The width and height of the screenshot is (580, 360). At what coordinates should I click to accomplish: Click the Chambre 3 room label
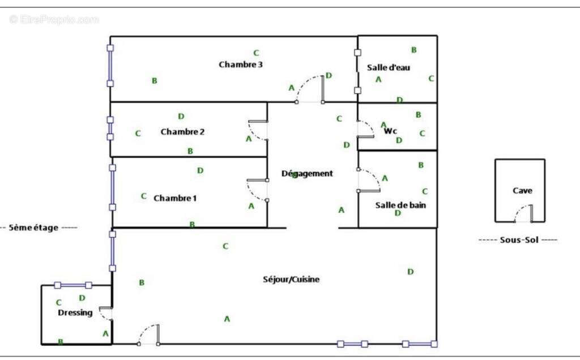[x=240, y=65]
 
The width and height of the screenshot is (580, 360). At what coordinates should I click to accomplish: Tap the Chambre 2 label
[x=182, y=132]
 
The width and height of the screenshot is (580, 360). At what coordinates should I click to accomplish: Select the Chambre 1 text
[x=175, y=198]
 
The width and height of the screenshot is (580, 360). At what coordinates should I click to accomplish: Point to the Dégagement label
[x=307, y=173]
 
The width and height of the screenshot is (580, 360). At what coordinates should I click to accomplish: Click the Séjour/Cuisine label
[x=291, y=279]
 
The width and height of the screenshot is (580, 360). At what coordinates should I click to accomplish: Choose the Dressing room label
[x=75, y=312]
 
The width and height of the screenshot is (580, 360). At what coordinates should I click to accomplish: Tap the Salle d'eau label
[x=388, y=67]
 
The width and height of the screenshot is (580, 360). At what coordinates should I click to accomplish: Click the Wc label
[x=391, y=131]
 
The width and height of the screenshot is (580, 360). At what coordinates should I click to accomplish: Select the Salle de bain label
[x=400, y=205]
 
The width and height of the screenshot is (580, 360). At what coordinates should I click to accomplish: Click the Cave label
[x=522, y=191]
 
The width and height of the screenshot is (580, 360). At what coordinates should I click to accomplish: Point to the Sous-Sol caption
[x=518, y=240]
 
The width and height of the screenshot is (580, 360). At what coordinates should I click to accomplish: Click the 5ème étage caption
[x=39, y=228]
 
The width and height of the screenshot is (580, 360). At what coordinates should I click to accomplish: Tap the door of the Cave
[x=524, y=214]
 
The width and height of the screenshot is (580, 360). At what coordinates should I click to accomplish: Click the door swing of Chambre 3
[x=310, y=89]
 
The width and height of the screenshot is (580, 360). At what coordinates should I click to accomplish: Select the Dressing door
[x=105, y=313]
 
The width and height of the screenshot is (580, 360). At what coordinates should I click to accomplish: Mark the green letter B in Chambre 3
[x=154, y=81]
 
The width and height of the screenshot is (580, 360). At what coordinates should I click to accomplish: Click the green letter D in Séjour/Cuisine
[x=410, y=272]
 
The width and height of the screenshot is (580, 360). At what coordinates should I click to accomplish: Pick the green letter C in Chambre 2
[x=138, y=134]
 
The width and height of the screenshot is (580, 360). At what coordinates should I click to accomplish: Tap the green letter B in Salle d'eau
[x=413, y=50]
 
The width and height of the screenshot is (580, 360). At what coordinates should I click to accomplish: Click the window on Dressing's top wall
[x=73, y=285]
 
